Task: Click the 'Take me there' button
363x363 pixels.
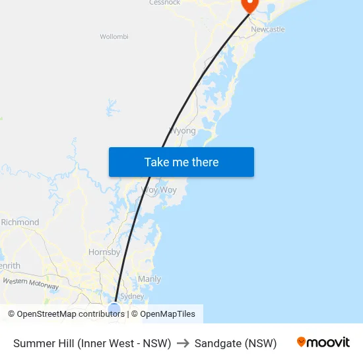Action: pyautogui.click(x=181, y=162)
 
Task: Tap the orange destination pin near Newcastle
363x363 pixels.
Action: pyautogui.click(x=250, y=5)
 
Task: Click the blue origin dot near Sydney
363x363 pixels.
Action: pyautogui.click(x=114, y=308)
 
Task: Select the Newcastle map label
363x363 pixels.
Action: pyautogui.click(x=267, y=29)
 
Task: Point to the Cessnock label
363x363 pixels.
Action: pyautogui.click(x=164, y=3)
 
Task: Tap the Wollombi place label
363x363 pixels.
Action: pyautogui.click(x=114, y=37)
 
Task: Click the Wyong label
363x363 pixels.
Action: pyautogui.click(x=183, y=131)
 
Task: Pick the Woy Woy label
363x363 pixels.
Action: pyautogui.click(x=159, y=190)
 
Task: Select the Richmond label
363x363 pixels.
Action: pyautogui.click(x=20, y=222)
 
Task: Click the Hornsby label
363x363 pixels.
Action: pyautogui.click(x=104, y=252)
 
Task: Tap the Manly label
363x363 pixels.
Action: pyautogui.click(x=149, y=279)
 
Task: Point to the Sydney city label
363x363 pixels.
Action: pyautogui.click(x=132, y=296)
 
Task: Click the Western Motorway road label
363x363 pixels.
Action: pyautogui.click(x=30, y=284)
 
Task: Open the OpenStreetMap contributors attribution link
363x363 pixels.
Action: pyautogui.click(x=66, y=314)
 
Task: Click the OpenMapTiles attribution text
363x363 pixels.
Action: pyautogui.click(x=167, y=314)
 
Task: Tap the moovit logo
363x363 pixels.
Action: pyautogui.click(x=323, y=343)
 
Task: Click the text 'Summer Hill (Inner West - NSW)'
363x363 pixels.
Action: pyautogui.click(x=92, y=343)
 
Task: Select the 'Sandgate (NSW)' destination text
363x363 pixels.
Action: pyautogui.click(x=236, y=343)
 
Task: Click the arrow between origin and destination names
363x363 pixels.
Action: pyautogui.click(x=183, y=343)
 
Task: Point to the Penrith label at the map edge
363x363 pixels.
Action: pyautogui.click(x=10, y=266)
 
